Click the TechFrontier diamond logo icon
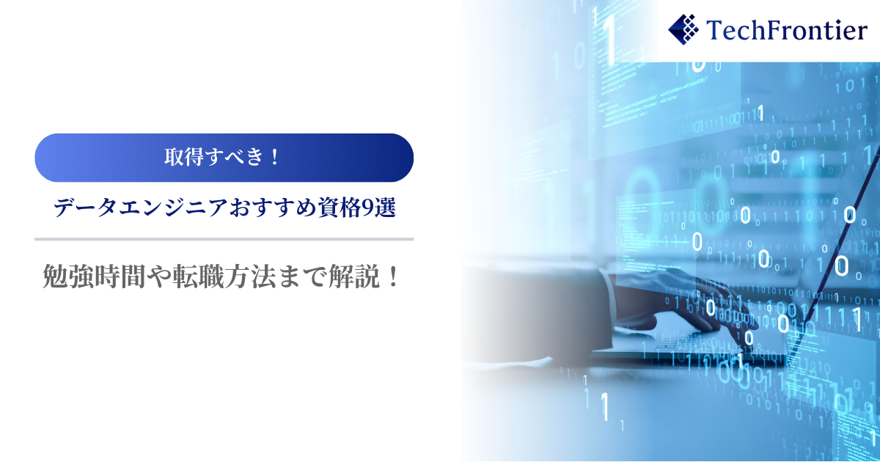click(x=683, y=29)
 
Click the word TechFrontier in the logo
click(x=786, y=30)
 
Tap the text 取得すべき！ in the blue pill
click(x=223, y=157)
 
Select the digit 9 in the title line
click(x=367, y=208)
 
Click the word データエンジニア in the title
click(x=140, y=208)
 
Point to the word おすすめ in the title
click(x=273, y=208)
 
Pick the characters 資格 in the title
click(x=339, y=208)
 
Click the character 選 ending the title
click(x=385, y=208)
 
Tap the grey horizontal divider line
click(x=224, y=239)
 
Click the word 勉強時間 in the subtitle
click(x=94, y=276)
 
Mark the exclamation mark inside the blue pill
click(x=274, y=157)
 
